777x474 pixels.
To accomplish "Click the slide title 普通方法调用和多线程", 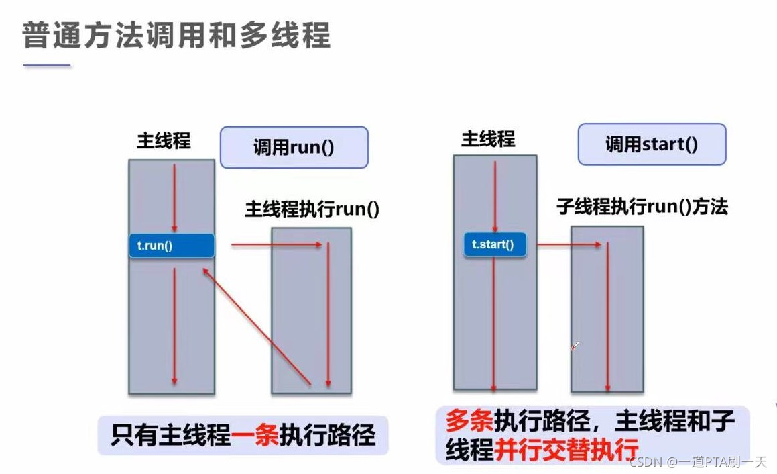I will click(176, 36).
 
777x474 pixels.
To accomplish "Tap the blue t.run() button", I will click(171, 246).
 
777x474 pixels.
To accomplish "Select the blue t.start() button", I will click(494, 245).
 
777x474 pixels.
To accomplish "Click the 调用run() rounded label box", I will click(294, 147).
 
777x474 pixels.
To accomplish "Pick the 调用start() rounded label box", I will click(652, 144).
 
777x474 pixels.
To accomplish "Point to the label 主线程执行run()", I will click(312, 209).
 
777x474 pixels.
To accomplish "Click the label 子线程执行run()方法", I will click(642, 207).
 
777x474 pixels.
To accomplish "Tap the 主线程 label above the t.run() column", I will click(164, 141).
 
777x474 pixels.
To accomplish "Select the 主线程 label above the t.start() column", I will click(487, 139).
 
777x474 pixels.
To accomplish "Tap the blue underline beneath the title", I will click(47, 66).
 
